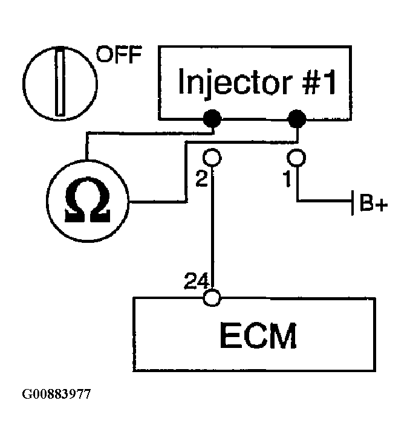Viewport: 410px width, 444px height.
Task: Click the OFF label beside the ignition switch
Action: [119, 54]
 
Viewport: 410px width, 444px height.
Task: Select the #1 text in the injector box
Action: [319, 82]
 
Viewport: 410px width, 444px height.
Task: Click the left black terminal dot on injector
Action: [212, 118]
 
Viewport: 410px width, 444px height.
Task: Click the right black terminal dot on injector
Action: [297, 118]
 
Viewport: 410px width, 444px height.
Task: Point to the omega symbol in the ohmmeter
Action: [87, 200]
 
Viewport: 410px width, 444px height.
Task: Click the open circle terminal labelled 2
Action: [212, 157]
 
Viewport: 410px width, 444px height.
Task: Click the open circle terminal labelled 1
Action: [296, 157]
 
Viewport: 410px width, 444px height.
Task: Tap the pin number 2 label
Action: [201, 178]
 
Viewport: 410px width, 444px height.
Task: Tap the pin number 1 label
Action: [287, 179]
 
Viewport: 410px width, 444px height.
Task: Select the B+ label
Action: [374, 203]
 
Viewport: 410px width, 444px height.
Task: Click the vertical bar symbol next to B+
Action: [353, 203]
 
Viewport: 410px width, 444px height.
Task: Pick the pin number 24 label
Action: [197, 281]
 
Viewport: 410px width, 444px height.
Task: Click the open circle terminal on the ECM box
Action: [212, 298]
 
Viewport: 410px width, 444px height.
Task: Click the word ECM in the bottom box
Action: [258, 335]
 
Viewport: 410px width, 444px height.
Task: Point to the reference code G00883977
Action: [56, 394]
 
